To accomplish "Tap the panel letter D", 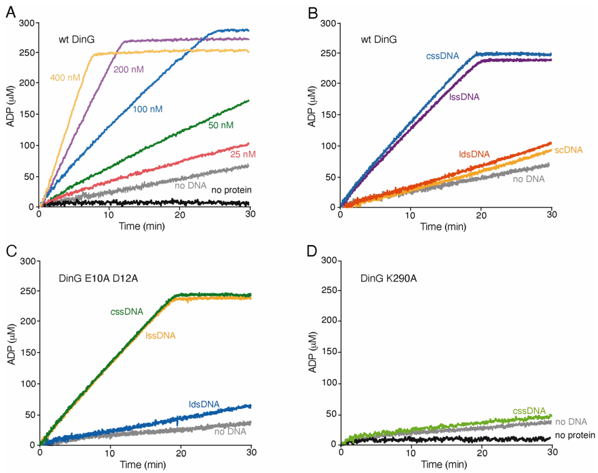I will [312, 251].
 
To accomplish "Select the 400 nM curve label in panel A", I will [65, 78].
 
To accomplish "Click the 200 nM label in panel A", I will [129, 69].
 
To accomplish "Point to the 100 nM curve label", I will [147, 109].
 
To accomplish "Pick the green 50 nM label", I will [221, 125].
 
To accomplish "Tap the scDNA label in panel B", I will [568, 150].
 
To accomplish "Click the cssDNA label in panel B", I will [442, 56].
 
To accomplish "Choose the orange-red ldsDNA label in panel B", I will [474, 154].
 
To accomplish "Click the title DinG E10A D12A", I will [98, 278].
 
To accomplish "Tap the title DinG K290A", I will [388, 278].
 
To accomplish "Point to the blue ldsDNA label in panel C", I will [204, 404].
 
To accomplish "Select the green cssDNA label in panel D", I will [529, 411].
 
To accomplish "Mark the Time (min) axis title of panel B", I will [443, 227].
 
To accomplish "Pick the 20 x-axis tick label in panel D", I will [482, 452].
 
